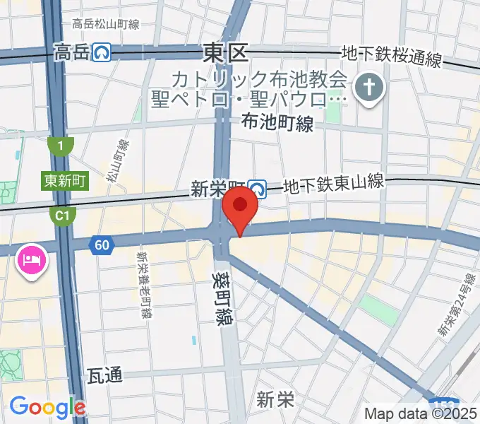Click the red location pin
(x=240, y=207)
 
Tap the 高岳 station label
(x=72, y=52)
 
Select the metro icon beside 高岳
(x=104, y=52)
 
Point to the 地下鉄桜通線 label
(x=391, y=55)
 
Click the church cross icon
(x=369, y=88)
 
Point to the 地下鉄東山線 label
(x=333, y=185)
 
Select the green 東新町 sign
(x=64, y=181)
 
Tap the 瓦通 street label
(x=104, y=375)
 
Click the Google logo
(x=47, y=407)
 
